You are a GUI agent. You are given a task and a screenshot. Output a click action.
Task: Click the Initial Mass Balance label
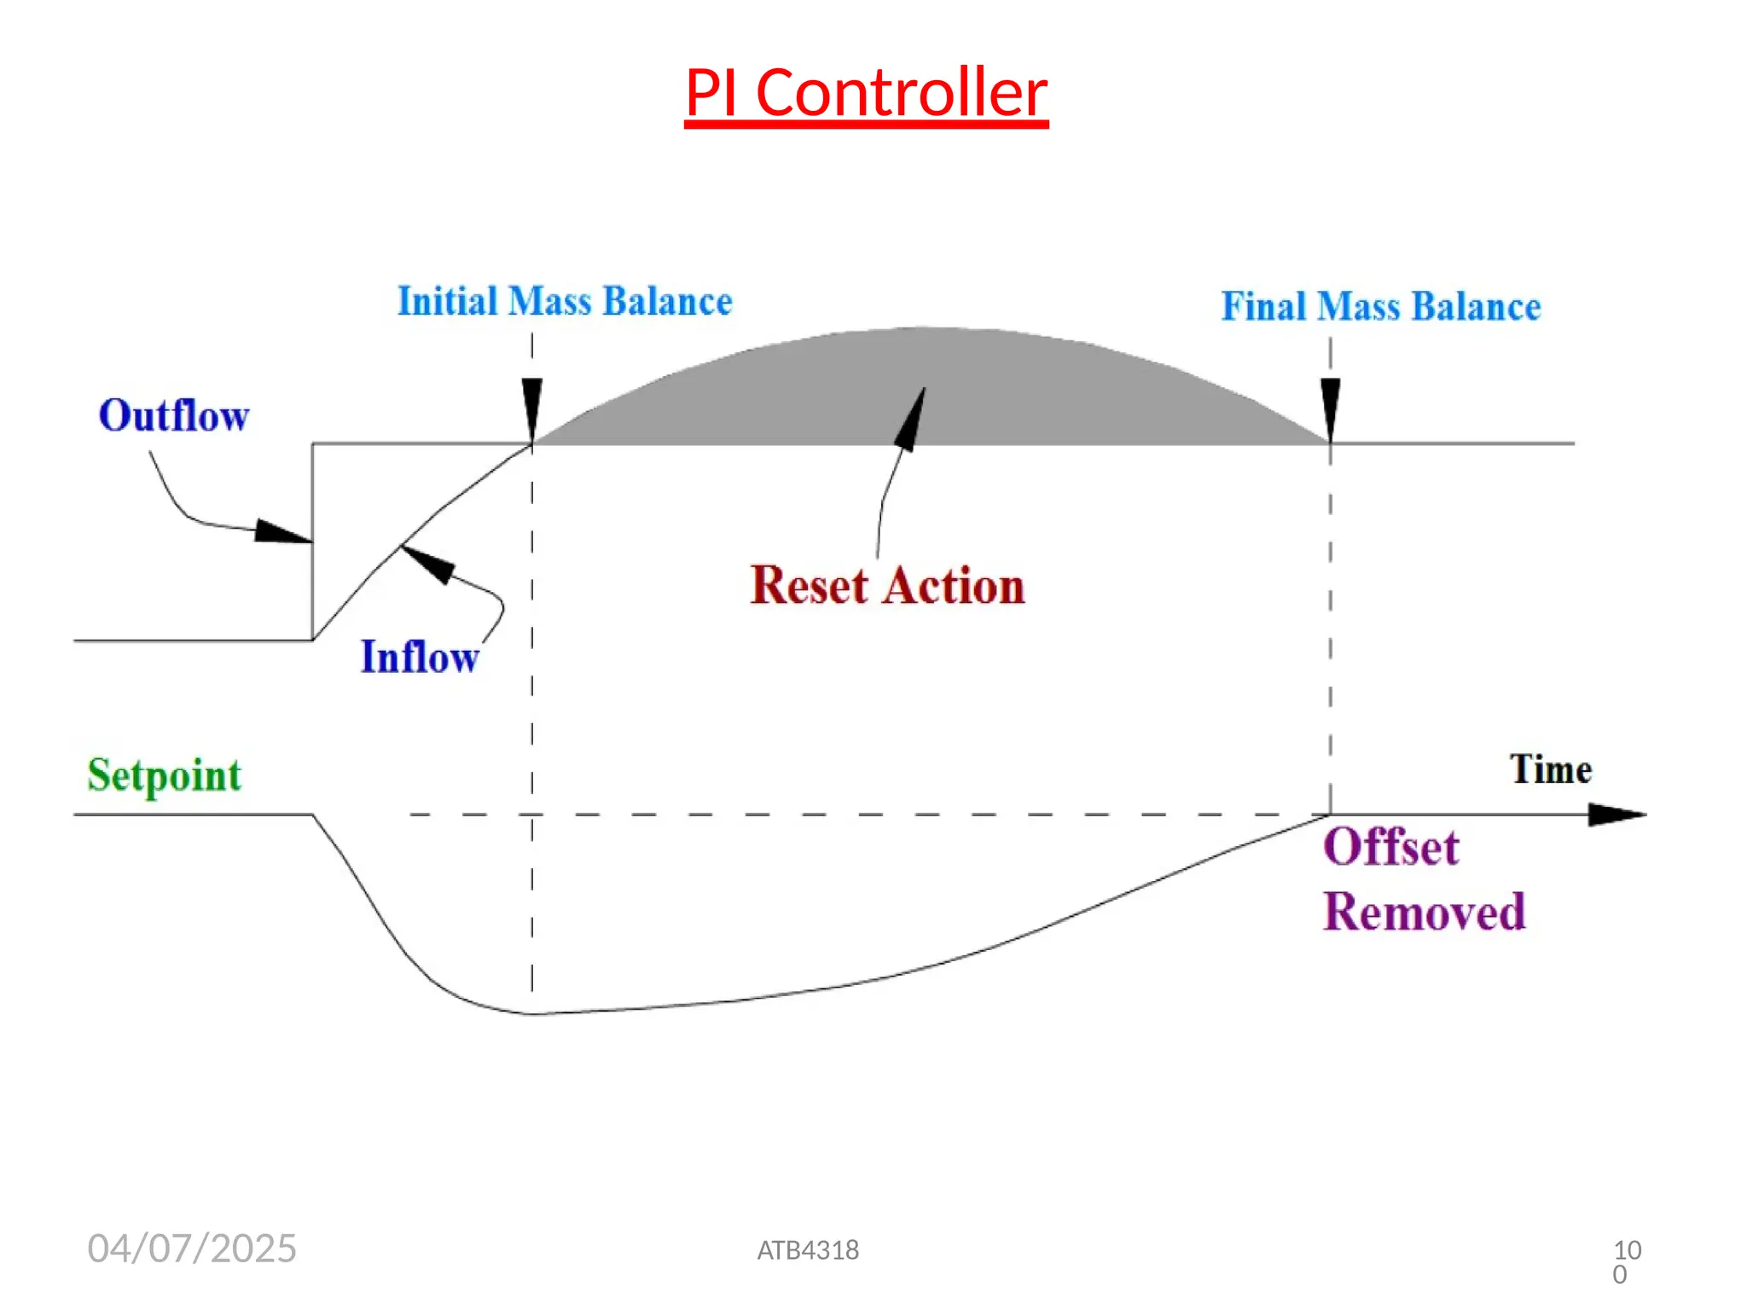point(565,302)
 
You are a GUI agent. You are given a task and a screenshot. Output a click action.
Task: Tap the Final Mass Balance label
point(1380,307)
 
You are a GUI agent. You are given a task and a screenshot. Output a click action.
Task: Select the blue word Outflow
point(174,416)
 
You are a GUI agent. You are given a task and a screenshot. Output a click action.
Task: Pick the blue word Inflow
point(420,658)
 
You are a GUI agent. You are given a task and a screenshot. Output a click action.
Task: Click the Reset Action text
point(887,587)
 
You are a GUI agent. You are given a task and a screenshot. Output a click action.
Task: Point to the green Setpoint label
point(165,775)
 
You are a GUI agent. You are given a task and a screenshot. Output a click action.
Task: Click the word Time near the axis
point(1550,769)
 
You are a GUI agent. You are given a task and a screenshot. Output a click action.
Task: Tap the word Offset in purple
point(1390,848)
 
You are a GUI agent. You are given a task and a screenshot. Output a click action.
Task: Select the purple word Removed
point(1424,913)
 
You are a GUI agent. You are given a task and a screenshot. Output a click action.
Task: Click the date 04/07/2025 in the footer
point(192,1249)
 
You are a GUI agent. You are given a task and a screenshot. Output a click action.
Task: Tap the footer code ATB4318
point(808,1250)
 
